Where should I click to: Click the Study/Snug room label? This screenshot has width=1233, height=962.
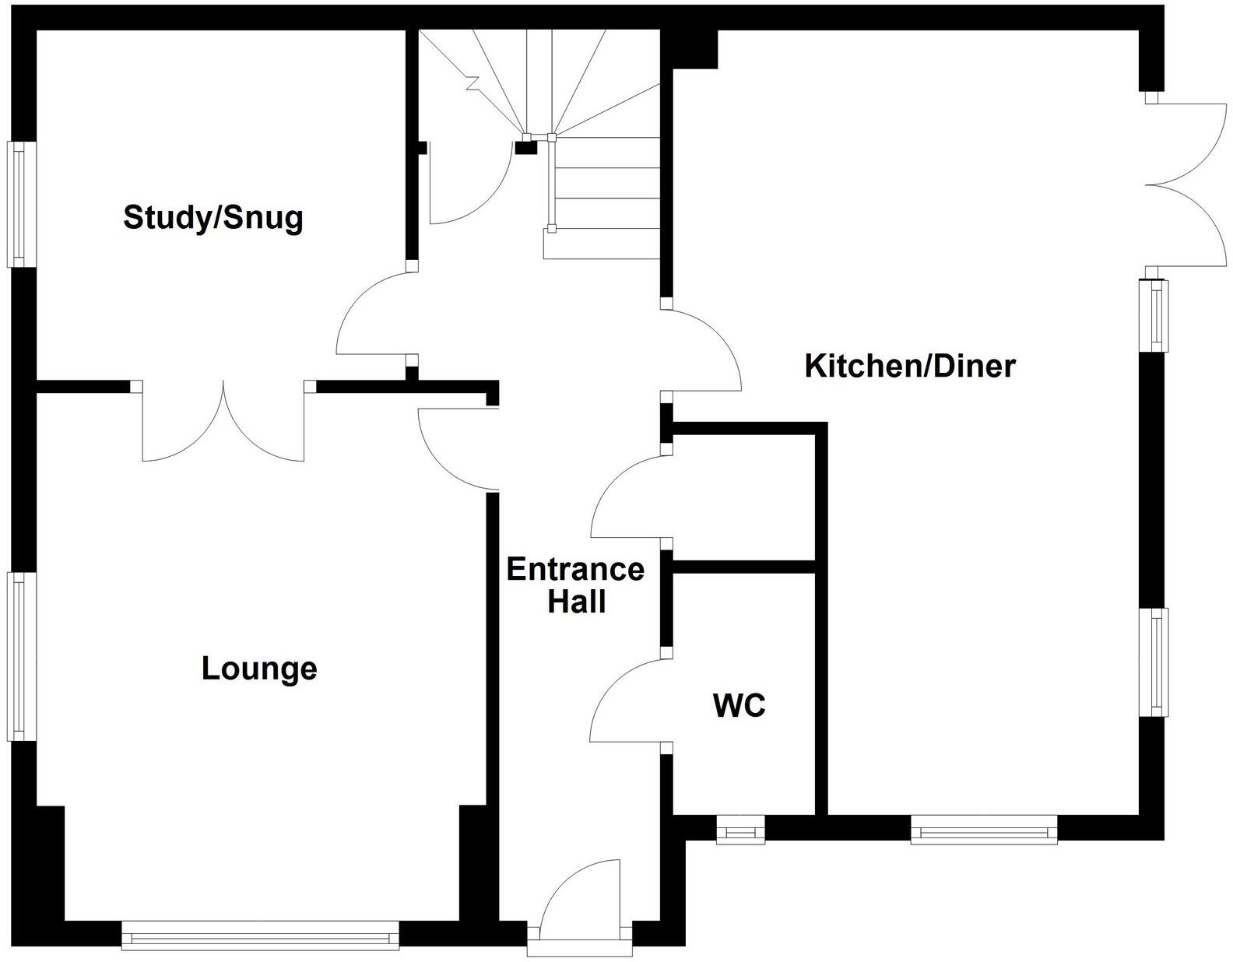point(213,217)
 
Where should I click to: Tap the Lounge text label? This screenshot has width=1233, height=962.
point(259,669)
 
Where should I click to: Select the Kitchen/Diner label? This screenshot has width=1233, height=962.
point(909,365)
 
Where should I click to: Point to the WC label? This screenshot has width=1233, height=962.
point(739,705)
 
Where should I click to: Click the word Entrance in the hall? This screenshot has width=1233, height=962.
point(575,570)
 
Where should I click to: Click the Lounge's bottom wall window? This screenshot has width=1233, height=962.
point(260,936)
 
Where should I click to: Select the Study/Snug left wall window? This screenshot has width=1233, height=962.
point(21,204)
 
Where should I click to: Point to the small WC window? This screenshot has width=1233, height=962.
point(740,830)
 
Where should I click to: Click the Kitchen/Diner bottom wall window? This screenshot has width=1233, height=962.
point(984,830)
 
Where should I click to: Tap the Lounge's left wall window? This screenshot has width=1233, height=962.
point(21,656)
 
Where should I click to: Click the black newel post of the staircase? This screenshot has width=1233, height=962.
point(526,146)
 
